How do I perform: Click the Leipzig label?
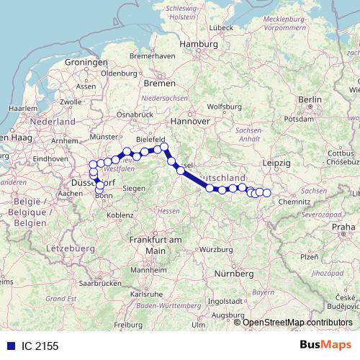[x=278, y=164]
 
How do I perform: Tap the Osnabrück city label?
[x=135, y=114]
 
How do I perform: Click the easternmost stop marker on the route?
[x=267, y=192]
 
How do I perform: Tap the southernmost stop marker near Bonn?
[x=99, y=190]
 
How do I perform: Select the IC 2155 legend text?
[x=39, y=346]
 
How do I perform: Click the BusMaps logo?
[x=325, y=345]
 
